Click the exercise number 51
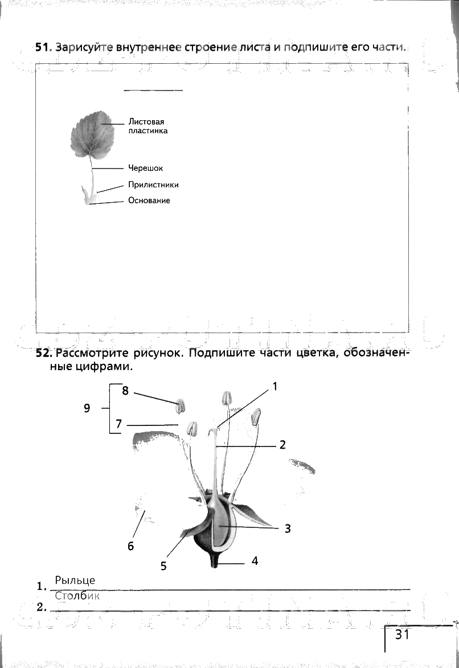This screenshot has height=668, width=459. [x=43, y=48]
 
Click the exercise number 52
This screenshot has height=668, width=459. [x=43, y=353]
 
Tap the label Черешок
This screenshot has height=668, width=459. [x=145, y=168]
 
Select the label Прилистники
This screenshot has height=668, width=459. [x=153, y=185]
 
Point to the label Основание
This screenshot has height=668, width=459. [x=149, y=200]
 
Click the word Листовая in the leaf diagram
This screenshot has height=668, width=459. [x=146, y=122]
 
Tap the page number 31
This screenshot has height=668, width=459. [x=402, y=634]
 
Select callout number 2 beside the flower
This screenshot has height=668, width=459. [x=282, y=445]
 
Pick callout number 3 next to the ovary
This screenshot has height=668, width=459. [x=288, y=528]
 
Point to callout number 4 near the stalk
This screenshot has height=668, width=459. [x=255, y=561]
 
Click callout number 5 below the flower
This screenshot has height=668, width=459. [x=163, y=566]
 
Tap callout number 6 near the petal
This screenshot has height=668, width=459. [x=130, y=546]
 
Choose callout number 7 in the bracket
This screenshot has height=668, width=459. [x=118, y=424]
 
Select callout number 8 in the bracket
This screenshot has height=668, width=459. [x=125, y=391]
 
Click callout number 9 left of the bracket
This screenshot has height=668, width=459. [x=87, y=408]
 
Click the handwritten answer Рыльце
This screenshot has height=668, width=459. [x=75, y=580]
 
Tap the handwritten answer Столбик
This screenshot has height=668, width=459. [x=77, y=596]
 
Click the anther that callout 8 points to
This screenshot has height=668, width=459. [x=181, y=406]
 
